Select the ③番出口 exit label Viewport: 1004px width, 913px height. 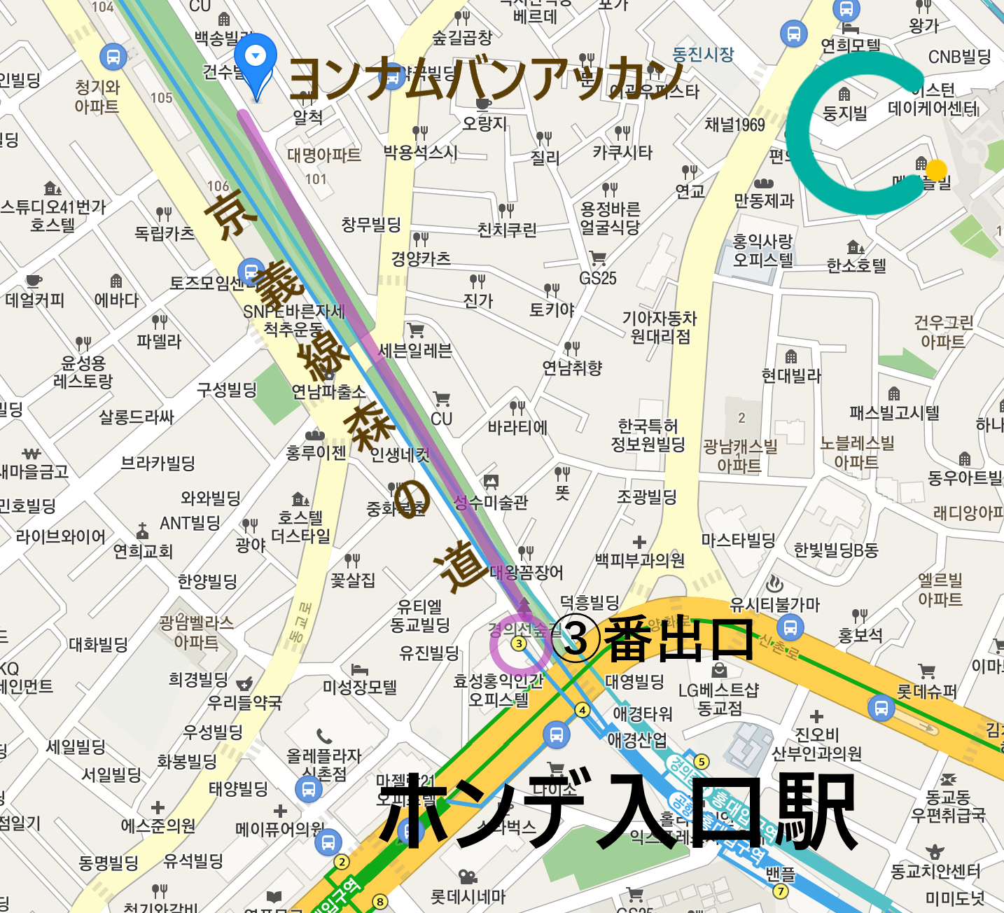tap(652, 639)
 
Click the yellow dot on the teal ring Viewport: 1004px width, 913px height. tap(936, 170)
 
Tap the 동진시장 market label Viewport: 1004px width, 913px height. tap(702, 55)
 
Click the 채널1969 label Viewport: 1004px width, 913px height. tap(734, 125)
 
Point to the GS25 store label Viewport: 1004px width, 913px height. tap(597, 278)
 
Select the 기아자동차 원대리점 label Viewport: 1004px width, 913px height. tap(660, 327)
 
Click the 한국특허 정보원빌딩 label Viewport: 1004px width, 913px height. tap(648, 435)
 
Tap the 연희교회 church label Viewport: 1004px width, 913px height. tap(143, 551)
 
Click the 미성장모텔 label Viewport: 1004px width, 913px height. tap(359, 687)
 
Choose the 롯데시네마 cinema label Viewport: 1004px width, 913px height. tap(467, 895)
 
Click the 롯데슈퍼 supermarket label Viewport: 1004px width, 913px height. tap(926, 691)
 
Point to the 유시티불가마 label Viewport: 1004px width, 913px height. tap(774, 604)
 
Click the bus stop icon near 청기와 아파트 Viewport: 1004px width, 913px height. tap(113, 57)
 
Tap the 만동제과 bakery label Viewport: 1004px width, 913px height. tap(764, 200)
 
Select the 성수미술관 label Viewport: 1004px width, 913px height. tap(491, 502)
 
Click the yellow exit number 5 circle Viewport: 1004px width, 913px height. tap(701, 761)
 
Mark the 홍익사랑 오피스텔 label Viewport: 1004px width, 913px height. tap(762, 251)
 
